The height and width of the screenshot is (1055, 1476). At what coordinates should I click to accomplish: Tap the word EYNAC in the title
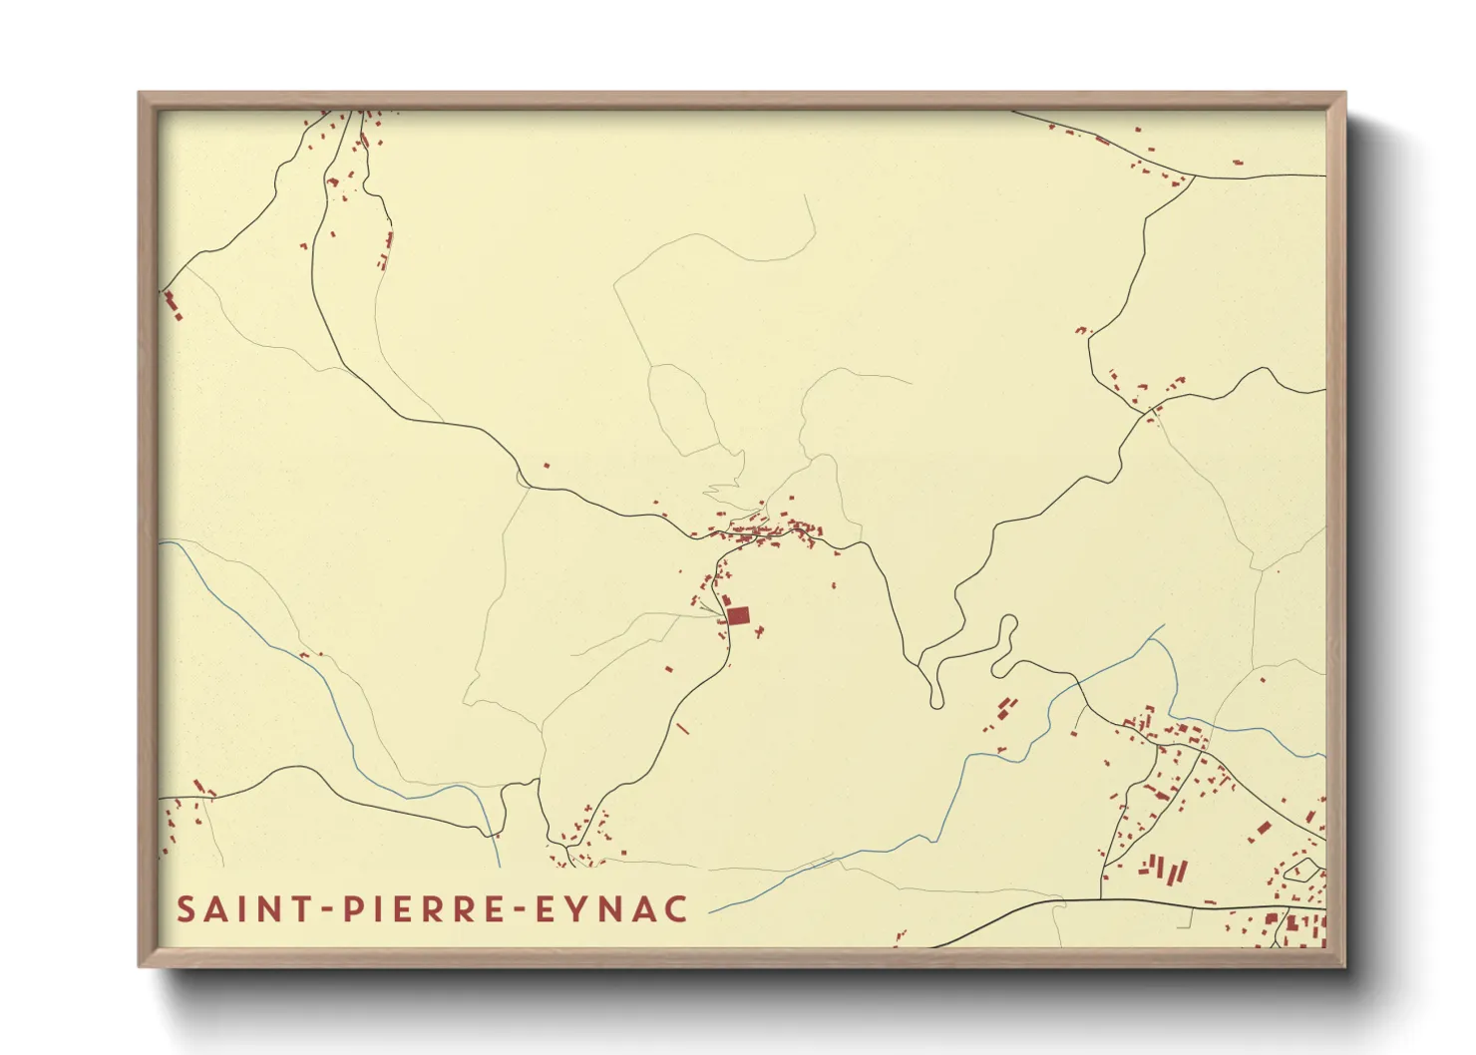coord(611,909)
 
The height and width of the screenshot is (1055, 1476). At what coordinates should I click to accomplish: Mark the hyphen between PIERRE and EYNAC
coord(519,910)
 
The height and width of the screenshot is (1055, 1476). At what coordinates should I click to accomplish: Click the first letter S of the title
coord(185,909)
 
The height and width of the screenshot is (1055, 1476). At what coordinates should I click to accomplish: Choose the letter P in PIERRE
coord(350,909)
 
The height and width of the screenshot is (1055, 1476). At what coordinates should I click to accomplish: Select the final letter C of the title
coord(676,909)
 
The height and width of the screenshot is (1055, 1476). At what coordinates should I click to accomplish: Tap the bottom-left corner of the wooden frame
coord(141,964)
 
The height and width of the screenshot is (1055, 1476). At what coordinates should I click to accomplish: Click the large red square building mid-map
coord(738,615)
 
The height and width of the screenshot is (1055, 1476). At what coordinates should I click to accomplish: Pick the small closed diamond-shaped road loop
coord(1299,870)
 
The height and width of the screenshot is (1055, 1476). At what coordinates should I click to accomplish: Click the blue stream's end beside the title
coord(712,911)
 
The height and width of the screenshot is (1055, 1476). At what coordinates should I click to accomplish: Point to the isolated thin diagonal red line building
coord(683,729)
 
